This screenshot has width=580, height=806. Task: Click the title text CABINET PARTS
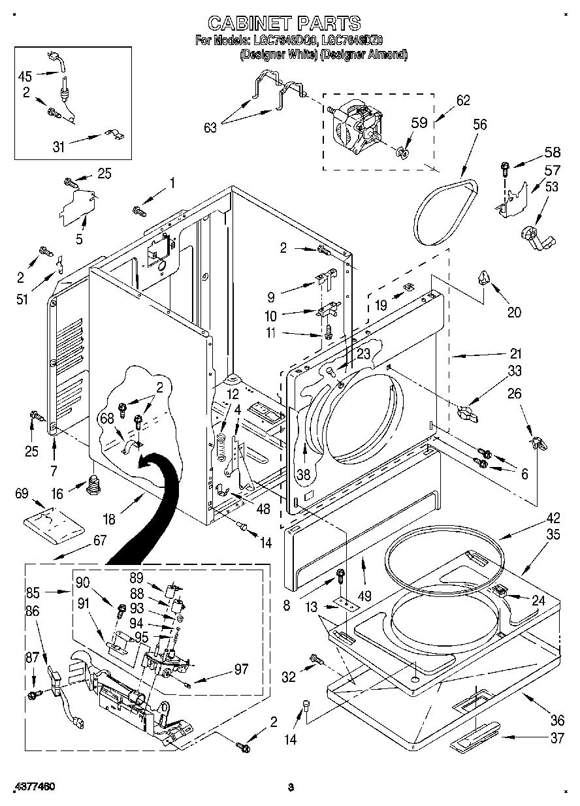point(283,23)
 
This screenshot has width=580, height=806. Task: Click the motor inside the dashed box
point(353,126)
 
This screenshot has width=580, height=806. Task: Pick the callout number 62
point(462,101)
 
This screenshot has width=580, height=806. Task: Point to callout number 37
point(556,738)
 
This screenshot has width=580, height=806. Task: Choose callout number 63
point(210,128)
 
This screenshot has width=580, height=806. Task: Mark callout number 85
point(33,593)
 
